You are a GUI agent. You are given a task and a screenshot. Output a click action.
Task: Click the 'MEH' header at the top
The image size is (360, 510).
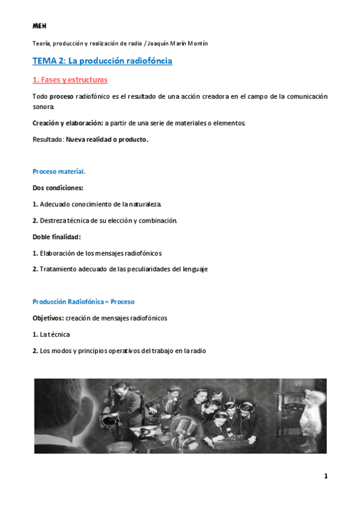coord(39,26)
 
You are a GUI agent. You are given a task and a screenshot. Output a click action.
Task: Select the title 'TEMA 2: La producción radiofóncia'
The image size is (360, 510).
coord(102,61)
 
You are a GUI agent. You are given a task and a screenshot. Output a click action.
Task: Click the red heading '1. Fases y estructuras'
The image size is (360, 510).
coord(70,79)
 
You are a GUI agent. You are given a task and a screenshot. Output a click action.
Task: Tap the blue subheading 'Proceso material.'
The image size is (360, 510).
coord(59,171)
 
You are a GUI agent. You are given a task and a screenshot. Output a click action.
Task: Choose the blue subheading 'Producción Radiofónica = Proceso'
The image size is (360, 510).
coord(84,301)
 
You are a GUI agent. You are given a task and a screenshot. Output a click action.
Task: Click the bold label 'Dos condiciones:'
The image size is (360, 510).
coord(58,188)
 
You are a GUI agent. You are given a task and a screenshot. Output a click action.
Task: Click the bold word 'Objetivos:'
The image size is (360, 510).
coord(48,318)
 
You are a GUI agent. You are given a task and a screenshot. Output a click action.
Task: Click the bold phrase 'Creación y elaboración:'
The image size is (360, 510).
coord(67,123)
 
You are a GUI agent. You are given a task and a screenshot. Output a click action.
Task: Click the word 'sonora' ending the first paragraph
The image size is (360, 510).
coord(43,107)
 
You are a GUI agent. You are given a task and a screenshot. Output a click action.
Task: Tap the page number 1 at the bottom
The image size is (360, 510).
coord(325,477)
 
